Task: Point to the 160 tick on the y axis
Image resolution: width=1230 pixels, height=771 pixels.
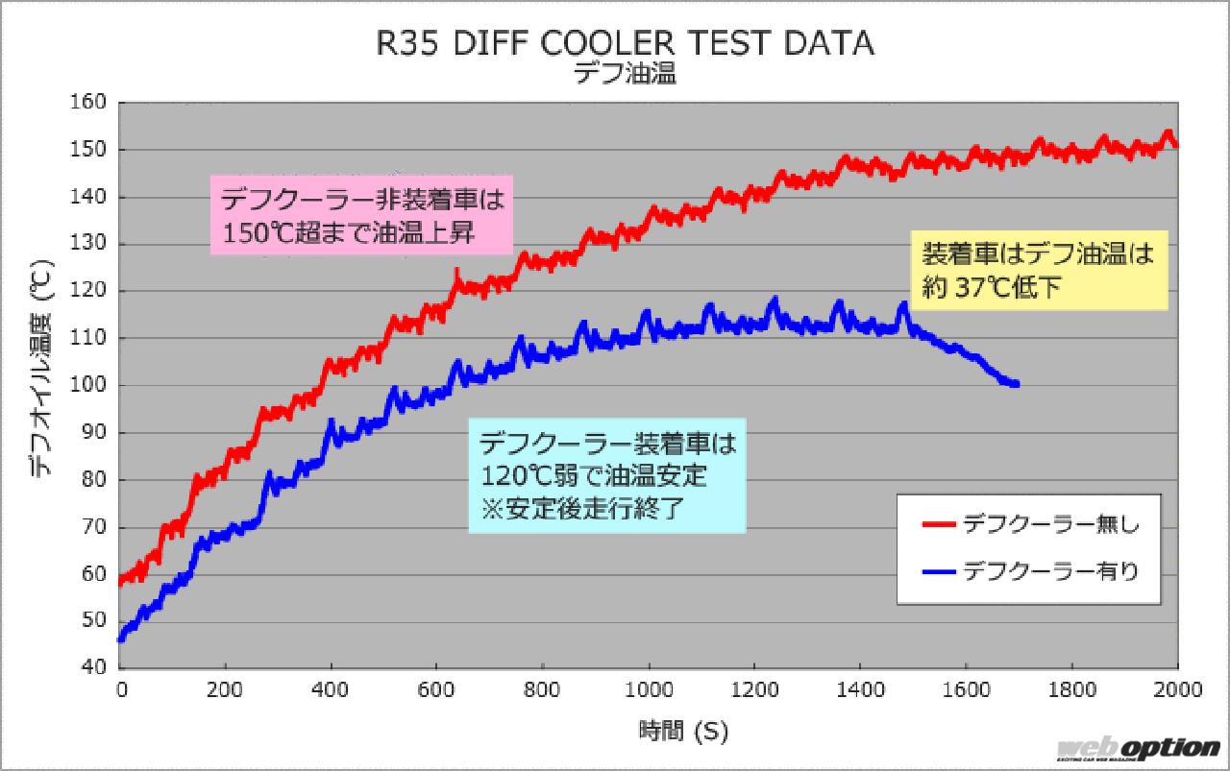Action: click(x=93, y=103)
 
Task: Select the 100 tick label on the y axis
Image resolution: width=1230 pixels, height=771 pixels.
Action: click(x=93, y=386)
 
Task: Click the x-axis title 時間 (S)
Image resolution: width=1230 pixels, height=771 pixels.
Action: click(x=683, y=732)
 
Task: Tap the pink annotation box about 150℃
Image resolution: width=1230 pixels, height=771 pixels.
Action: click(x=361, y=216)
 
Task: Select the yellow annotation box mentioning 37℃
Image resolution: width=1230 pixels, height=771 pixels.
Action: click(x=1039, y=271)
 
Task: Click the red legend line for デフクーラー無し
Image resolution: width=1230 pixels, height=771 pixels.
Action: click(x=938, y=524)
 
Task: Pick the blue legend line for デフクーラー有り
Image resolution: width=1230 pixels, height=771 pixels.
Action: click(x=938, y=572)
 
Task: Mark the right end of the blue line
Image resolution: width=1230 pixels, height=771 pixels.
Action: click(x=1017, y=384)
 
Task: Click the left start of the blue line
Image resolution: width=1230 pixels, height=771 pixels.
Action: click(x=120, y=638)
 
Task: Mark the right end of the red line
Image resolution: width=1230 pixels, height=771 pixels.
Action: click(x=1177, y=145)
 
